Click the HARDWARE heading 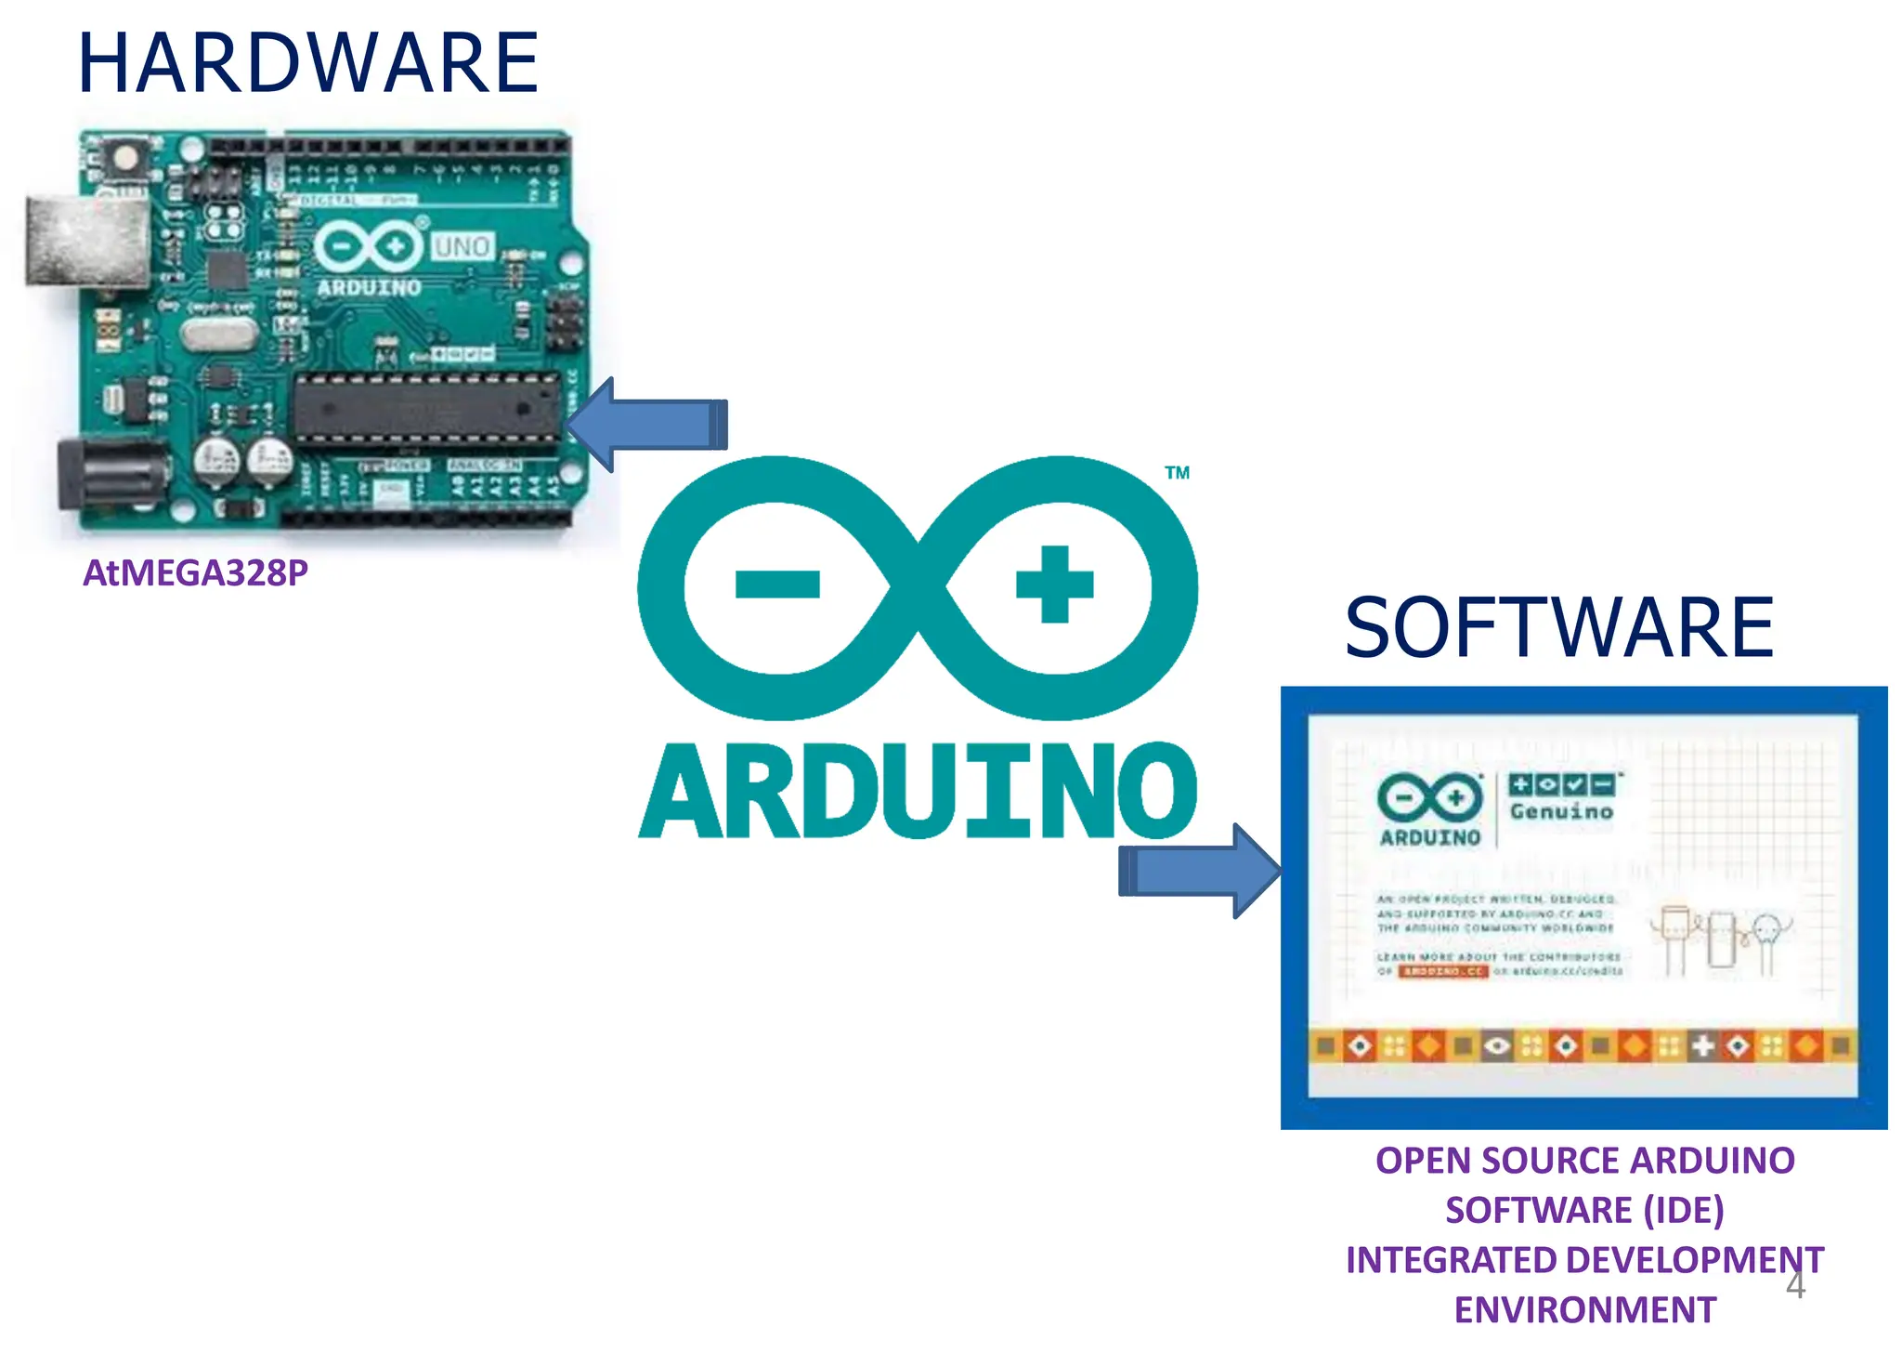pos(307,63)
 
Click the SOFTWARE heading pos(1558,628)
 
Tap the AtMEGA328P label pos(195,572)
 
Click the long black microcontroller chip pos(427,407)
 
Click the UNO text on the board pos(462,247)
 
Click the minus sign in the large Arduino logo pos(777,585)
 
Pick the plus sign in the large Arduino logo pos(1054,585)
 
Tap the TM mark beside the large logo pos(1177,473)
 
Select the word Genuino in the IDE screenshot pos(1561,811)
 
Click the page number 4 pos(1795,1286)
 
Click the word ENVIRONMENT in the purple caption pos(1584,1309)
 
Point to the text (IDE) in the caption pos(1683,1210)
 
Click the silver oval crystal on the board pos(218,333)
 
